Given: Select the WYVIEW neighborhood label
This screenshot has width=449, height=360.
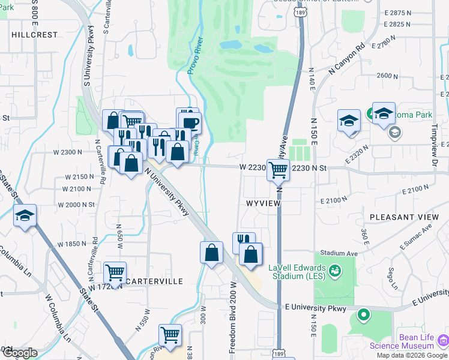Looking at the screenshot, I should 262,204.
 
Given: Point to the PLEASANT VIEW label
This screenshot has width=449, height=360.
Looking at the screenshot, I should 404,217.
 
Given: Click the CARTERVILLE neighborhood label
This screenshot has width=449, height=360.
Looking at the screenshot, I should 154,281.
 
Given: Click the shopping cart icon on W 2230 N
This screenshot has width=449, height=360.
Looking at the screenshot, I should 278,170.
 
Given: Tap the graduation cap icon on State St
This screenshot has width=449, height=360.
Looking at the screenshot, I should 25,215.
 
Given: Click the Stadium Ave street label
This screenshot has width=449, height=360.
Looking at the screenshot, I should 339,253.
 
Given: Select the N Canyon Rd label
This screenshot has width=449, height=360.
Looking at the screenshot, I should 347,59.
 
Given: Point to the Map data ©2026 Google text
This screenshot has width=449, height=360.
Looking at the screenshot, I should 411,355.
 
